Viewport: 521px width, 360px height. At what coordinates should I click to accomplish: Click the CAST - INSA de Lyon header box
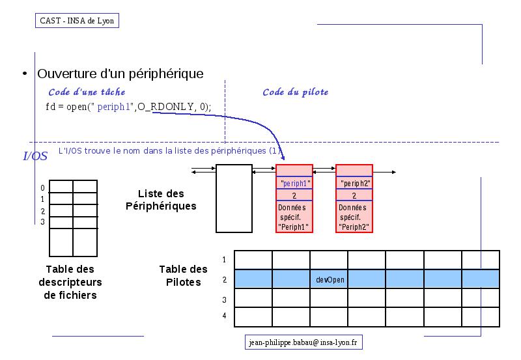click(x=77, y=21)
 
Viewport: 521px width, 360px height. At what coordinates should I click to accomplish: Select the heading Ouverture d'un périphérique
click(x=120, y=74)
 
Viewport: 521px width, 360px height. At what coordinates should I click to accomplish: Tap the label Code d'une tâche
click(x=87, y=92)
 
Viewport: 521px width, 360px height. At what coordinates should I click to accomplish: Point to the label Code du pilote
click(x=296, y=92)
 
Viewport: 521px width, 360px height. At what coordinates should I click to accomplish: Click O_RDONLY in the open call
click(x=165, y=107)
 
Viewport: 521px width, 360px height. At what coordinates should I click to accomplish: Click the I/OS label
click(x=35, y=156)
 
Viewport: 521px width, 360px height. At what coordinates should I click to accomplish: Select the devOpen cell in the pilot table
click(x=330, y=280)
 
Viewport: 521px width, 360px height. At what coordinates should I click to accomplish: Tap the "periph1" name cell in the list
click(x=294, y=183)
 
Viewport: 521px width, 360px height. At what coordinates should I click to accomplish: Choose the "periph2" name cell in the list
click(x=354, y=183)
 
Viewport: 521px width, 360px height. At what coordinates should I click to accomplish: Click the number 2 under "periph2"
click(x=354, y=195)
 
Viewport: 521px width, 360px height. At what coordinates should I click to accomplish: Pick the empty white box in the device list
click(x=234, y=199)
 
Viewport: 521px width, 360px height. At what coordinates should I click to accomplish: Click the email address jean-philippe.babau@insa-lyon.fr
click(x=303, y=342)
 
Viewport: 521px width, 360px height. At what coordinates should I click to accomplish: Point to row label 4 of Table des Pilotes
click(x=224, y=316)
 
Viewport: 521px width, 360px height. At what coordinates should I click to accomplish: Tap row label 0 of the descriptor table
click(x=42, y=188)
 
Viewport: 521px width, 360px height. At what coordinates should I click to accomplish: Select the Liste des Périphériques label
click(x=161, y=200)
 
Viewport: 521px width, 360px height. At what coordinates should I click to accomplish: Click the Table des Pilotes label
click(x=184, y=275)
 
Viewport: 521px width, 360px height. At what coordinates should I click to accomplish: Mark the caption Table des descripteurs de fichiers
click(x=70, y=282)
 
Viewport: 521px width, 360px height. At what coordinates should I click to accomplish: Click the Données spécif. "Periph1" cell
click(x=294, y=217)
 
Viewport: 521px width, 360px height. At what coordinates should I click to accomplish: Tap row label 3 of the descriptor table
click(x=42, y=222)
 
